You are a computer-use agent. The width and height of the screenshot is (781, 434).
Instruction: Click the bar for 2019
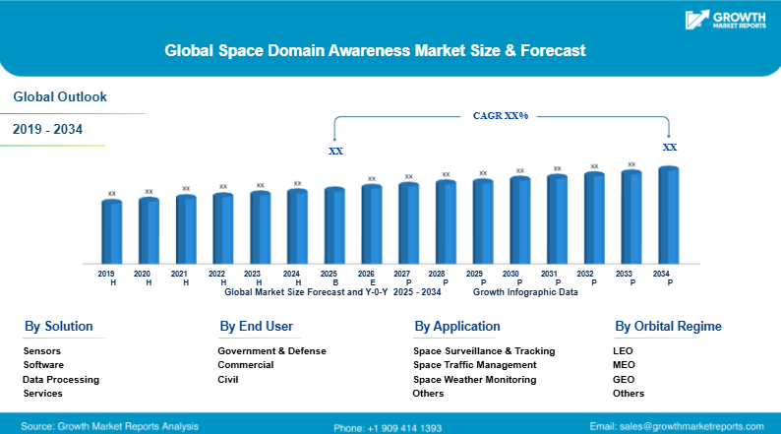tap(111, 231)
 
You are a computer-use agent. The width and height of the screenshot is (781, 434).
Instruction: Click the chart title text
tap(375, 48)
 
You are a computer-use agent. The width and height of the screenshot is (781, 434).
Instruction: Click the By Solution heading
tap(59, 326)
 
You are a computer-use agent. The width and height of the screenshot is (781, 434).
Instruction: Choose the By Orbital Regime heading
tap(668, 326)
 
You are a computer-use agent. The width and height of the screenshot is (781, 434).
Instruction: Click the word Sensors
tap(42, 350)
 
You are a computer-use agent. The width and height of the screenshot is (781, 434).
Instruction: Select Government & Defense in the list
tap(271, 350)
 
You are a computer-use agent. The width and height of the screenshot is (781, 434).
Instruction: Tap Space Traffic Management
tap(476, 365)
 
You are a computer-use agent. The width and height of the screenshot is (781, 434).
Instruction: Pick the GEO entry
tap(624, 379)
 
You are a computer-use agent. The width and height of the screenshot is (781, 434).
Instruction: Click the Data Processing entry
tap(61, 379)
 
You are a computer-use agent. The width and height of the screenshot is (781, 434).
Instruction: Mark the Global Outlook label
tap(60, 96)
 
